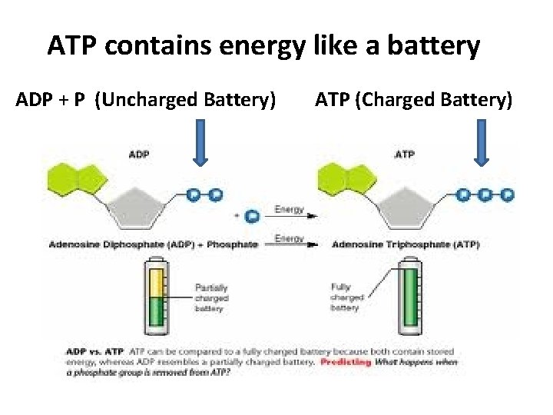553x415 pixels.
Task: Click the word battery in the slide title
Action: (x=432, y=47)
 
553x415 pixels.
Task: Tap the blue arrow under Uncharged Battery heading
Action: (x=200, y=144)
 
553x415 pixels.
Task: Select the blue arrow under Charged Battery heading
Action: (x=482, y=144)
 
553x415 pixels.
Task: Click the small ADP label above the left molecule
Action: (x=139, y=154)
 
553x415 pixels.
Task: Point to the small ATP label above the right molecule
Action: (x=405, y=154)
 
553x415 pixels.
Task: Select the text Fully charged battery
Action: (x=346, y=297)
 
